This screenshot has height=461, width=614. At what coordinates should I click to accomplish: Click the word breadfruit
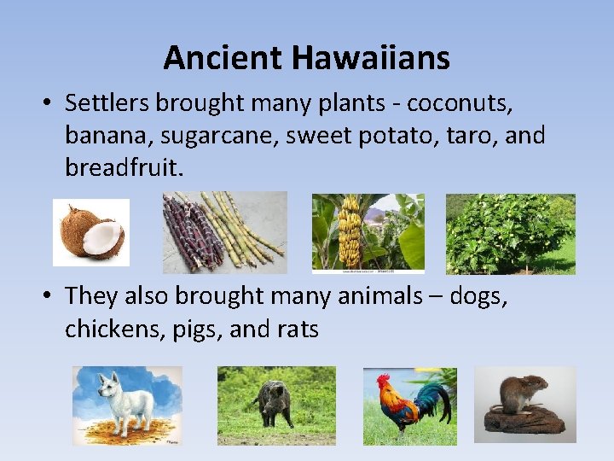pos(120,167)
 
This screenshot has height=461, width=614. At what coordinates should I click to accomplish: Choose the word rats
pos(298,329)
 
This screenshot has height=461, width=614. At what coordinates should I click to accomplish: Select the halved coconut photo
pos(91,232)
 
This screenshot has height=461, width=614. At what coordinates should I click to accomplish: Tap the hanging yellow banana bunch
pos(351,233)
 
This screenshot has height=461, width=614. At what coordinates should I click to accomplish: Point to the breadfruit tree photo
pos(510,233)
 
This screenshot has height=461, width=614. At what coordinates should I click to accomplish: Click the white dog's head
pos(110,386)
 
